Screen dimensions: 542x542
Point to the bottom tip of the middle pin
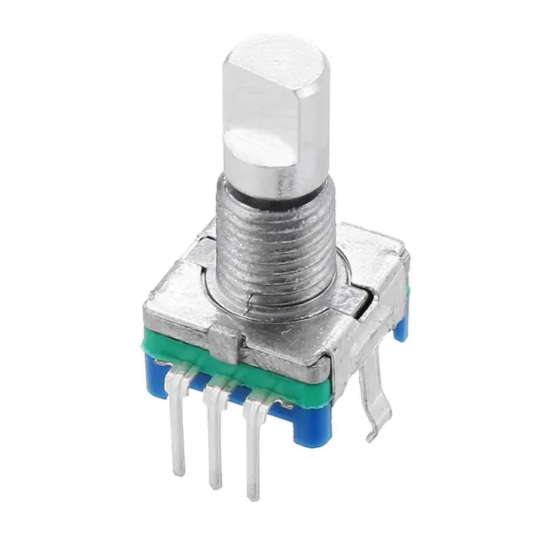click(217, 486)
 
